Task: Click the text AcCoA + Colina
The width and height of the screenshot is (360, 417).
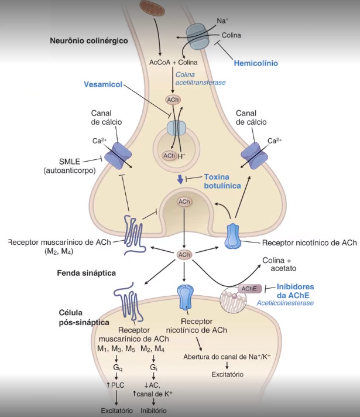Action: point(173,61)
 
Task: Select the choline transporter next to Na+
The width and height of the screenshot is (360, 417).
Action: point(197,36)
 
